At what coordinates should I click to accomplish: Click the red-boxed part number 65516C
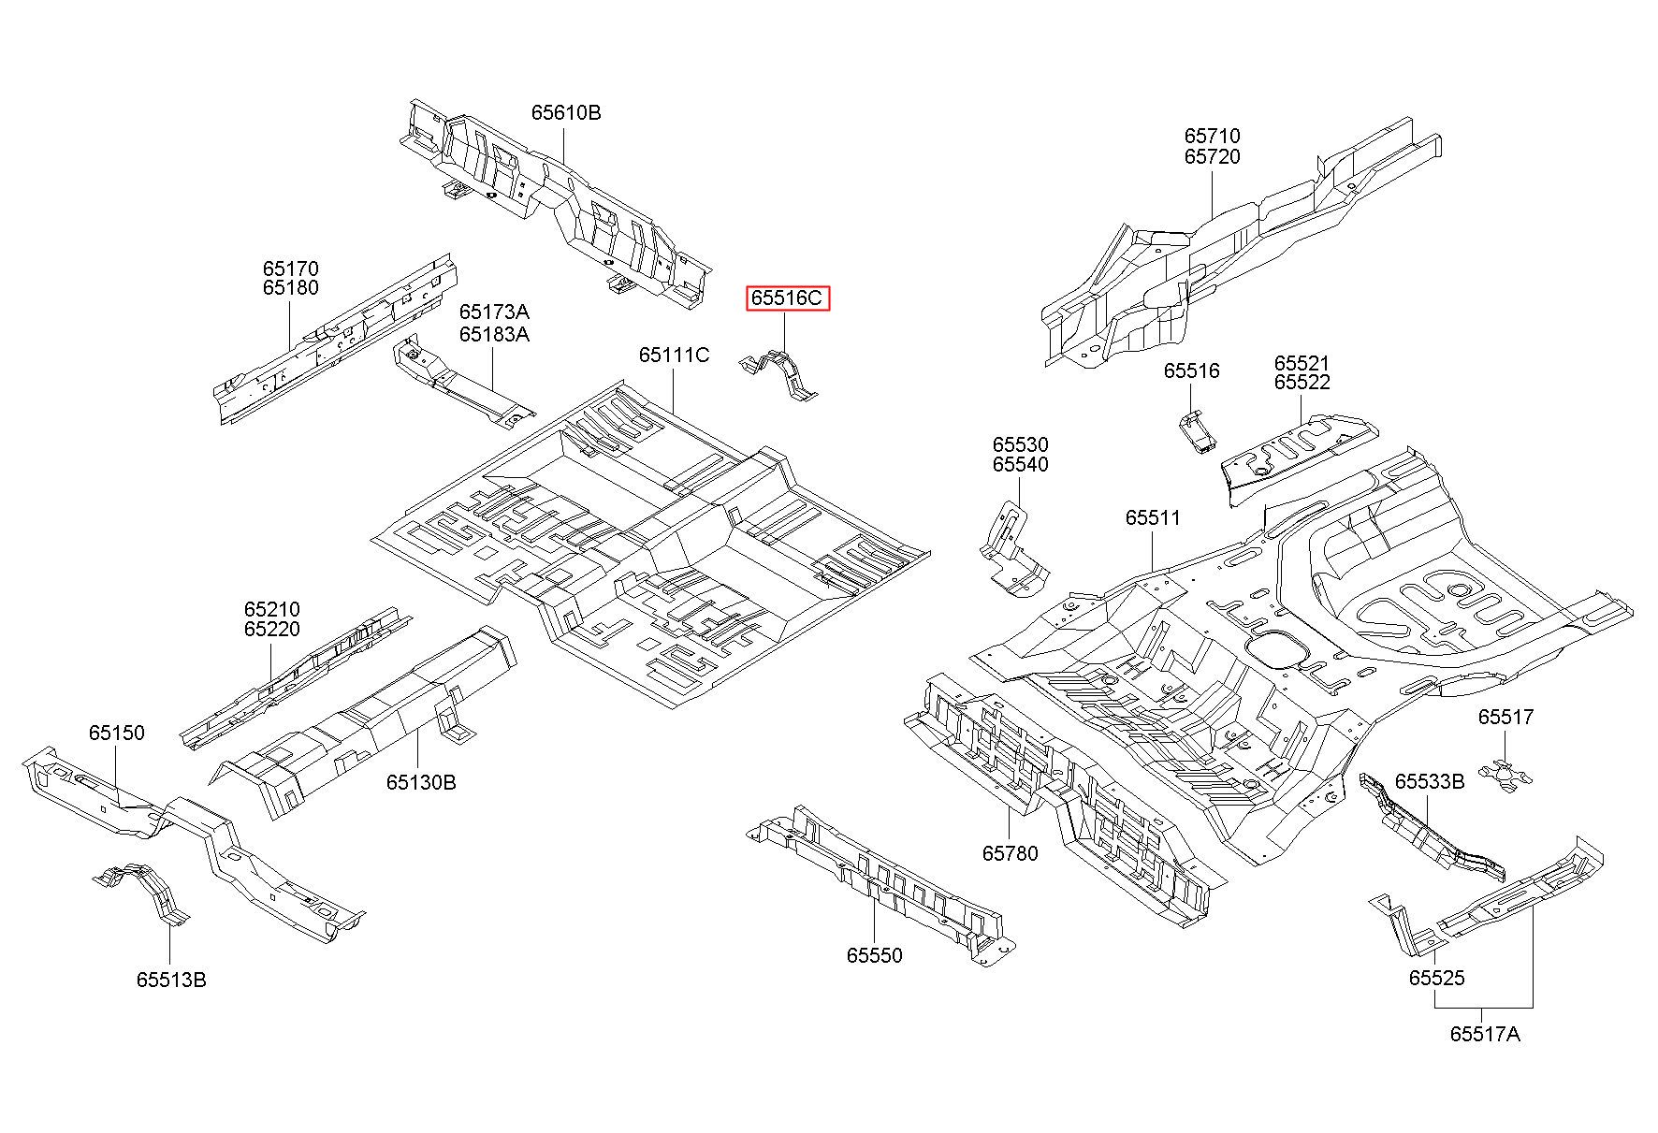787,298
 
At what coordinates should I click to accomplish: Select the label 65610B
566,112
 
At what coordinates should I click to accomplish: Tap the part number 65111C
674,356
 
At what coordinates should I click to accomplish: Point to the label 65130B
421,782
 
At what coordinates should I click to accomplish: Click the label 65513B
171,980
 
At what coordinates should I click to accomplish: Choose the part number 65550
875,955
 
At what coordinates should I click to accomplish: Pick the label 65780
1010,853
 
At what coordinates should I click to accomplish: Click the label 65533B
1430,781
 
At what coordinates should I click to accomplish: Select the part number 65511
1153,518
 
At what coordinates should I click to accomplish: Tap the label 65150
117,733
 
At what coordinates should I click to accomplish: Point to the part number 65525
1437,978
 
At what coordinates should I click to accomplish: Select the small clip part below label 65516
1196,429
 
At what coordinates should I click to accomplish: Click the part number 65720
1213,156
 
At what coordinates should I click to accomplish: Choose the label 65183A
494,334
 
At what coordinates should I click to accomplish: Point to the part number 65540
1021,465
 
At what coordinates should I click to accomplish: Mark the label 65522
1302,382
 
